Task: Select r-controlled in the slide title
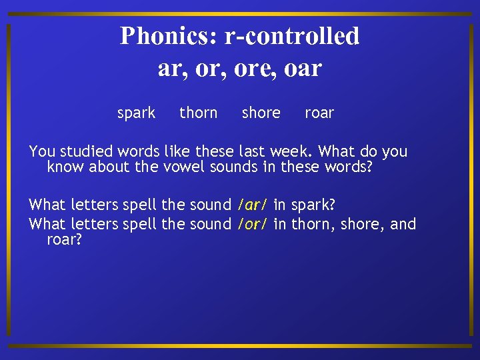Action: coord(292,36)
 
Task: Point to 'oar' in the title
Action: coord(301,68)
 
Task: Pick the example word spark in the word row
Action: coord(136,113)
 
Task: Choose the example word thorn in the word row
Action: coord(198,113)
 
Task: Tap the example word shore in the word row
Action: coord(261,113)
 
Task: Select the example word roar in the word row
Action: coord(319,113)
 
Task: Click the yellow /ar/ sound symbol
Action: coord(253,204)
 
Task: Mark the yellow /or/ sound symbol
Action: coord(253,224)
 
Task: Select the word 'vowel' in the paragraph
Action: coord(184,167)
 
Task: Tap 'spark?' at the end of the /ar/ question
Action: coord(313,205)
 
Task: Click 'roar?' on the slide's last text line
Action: coord(64,239)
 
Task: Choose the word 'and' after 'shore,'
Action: coord(403,224)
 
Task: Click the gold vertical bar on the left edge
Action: coord(8,180)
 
